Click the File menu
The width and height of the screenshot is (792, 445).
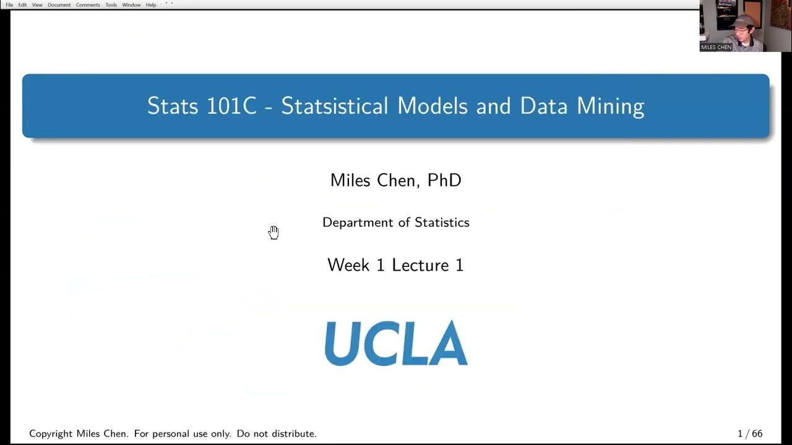(x=9, y=5)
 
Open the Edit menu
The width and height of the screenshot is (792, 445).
(x=22, y=5)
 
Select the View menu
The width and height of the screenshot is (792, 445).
(x=37, y=5)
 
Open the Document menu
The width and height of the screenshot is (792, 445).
(x=59, y=5)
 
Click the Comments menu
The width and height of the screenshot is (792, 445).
(x=88, y=5)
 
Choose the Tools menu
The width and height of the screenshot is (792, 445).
(x=111, y=5)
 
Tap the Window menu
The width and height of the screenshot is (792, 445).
(x=131, y=5)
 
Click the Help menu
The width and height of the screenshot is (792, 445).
(x=151, y=5)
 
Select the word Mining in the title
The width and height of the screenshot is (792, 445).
(x=610, y=106)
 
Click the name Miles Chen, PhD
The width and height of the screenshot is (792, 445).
(x=395, y=180)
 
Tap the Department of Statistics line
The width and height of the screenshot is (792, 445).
(x=395, y=222)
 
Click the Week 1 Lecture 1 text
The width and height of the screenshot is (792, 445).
(x=395, y=265)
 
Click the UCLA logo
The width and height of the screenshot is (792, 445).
(x=395, y=343)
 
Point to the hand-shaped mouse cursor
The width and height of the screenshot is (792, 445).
(x=273, y=232)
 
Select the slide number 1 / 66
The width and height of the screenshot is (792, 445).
(x=750, y=434)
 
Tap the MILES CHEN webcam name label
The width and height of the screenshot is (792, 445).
(x=717, y=47)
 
